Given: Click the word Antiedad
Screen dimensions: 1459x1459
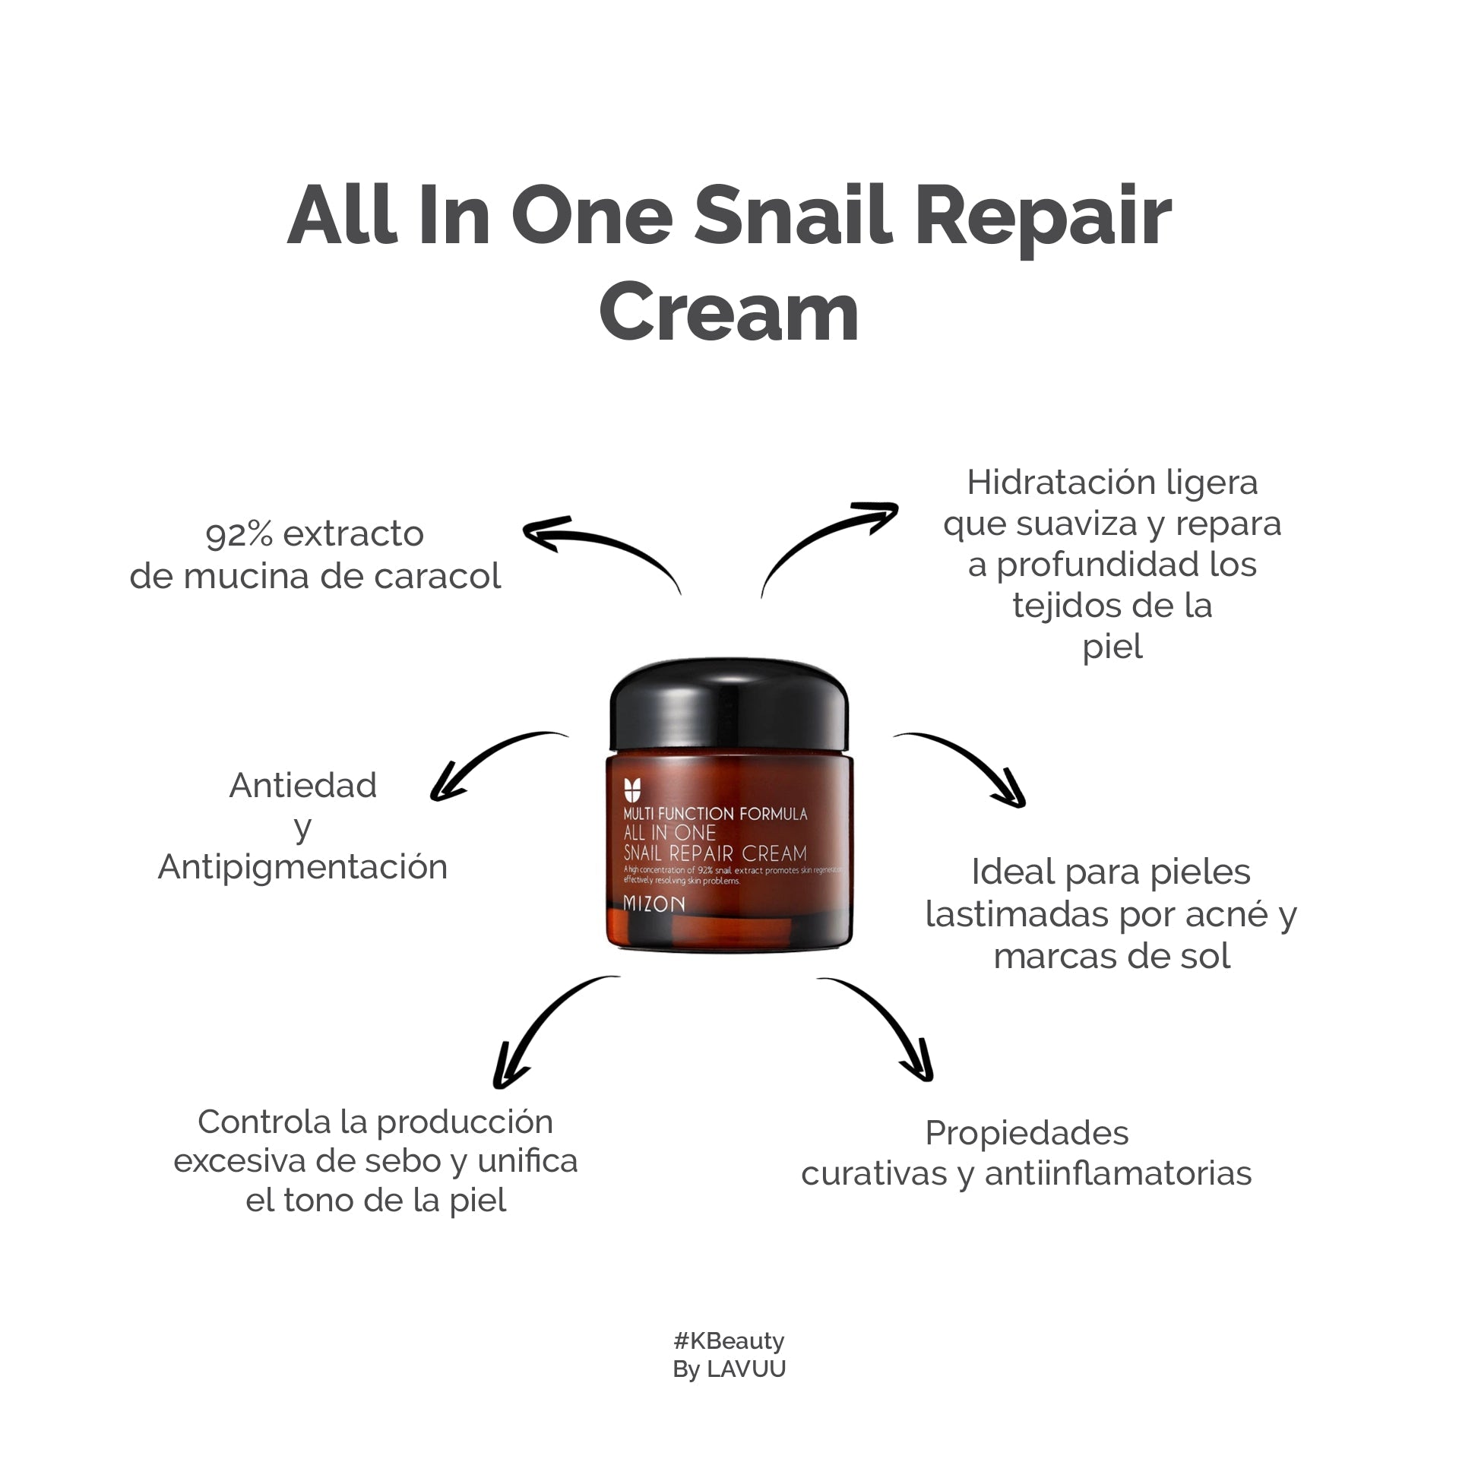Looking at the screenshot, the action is tap(302, 786).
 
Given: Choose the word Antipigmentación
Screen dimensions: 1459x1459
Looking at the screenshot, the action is tap(302, 868).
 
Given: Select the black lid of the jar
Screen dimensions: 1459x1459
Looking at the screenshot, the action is tap(729, 708).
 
